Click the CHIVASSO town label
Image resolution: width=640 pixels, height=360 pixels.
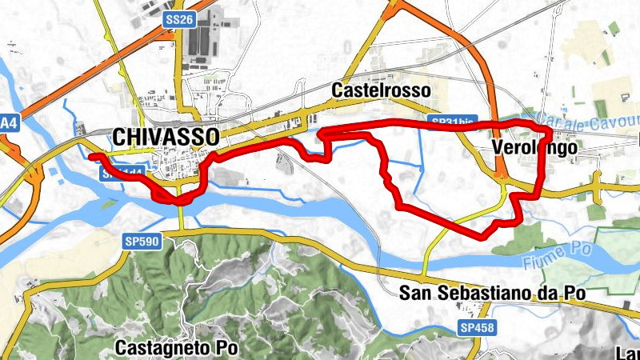coord(166,136)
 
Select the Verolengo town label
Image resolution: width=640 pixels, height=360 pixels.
coord(525,149)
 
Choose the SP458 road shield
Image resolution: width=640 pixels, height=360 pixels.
coord(477,328)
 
